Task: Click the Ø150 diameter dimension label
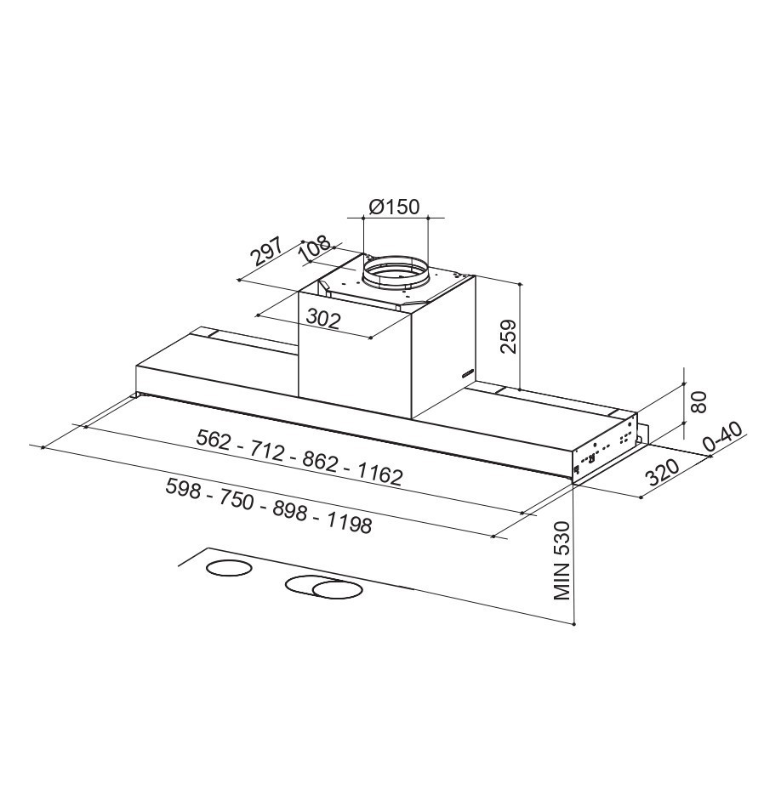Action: coord(395,207)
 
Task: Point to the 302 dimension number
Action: coord(323,319)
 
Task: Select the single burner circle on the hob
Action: coord(230,569)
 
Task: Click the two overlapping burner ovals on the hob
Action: coord(322,588)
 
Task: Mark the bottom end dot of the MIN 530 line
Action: coord(575,625)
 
